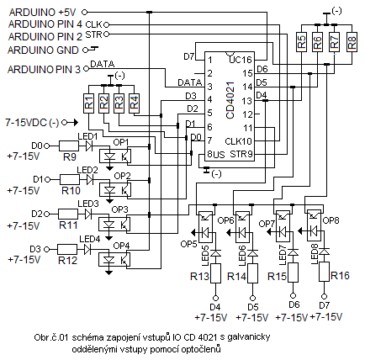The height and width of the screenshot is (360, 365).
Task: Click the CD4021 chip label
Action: pos(230,100)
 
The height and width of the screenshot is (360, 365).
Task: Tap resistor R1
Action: pos(88,103)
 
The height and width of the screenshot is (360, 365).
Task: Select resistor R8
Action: pos(352,42)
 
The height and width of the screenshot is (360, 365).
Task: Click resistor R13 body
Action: pos(215,273)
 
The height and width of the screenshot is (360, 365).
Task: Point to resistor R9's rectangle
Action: pos(69,146)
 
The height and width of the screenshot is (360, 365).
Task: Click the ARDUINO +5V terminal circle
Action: pos(84,12)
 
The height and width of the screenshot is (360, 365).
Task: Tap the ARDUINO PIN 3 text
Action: pos(44,69)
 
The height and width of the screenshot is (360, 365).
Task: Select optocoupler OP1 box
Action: pos(115,156)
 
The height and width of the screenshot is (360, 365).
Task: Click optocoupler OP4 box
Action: pos(114,259)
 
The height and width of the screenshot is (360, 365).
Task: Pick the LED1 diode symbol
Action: pos(89,146)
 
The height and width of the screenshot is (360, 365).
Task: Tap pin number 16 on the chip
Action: pos(247,60)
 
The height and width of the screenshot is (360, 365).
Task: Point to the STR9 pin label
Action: pos(241,154)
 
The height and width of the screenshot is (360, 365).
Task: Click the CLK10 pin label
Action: pos(239,141)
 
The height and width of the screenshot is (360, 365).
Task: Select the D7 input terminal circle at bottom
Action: pos(324,296)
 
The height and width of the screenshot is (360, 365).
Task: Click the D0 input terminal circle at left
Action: pos(47,146)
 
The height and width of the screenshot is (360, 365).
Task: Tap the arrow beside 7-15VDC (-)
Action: pos(73,123)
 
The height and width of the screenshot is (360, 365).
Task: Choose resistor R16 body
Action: pos(324,272)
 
